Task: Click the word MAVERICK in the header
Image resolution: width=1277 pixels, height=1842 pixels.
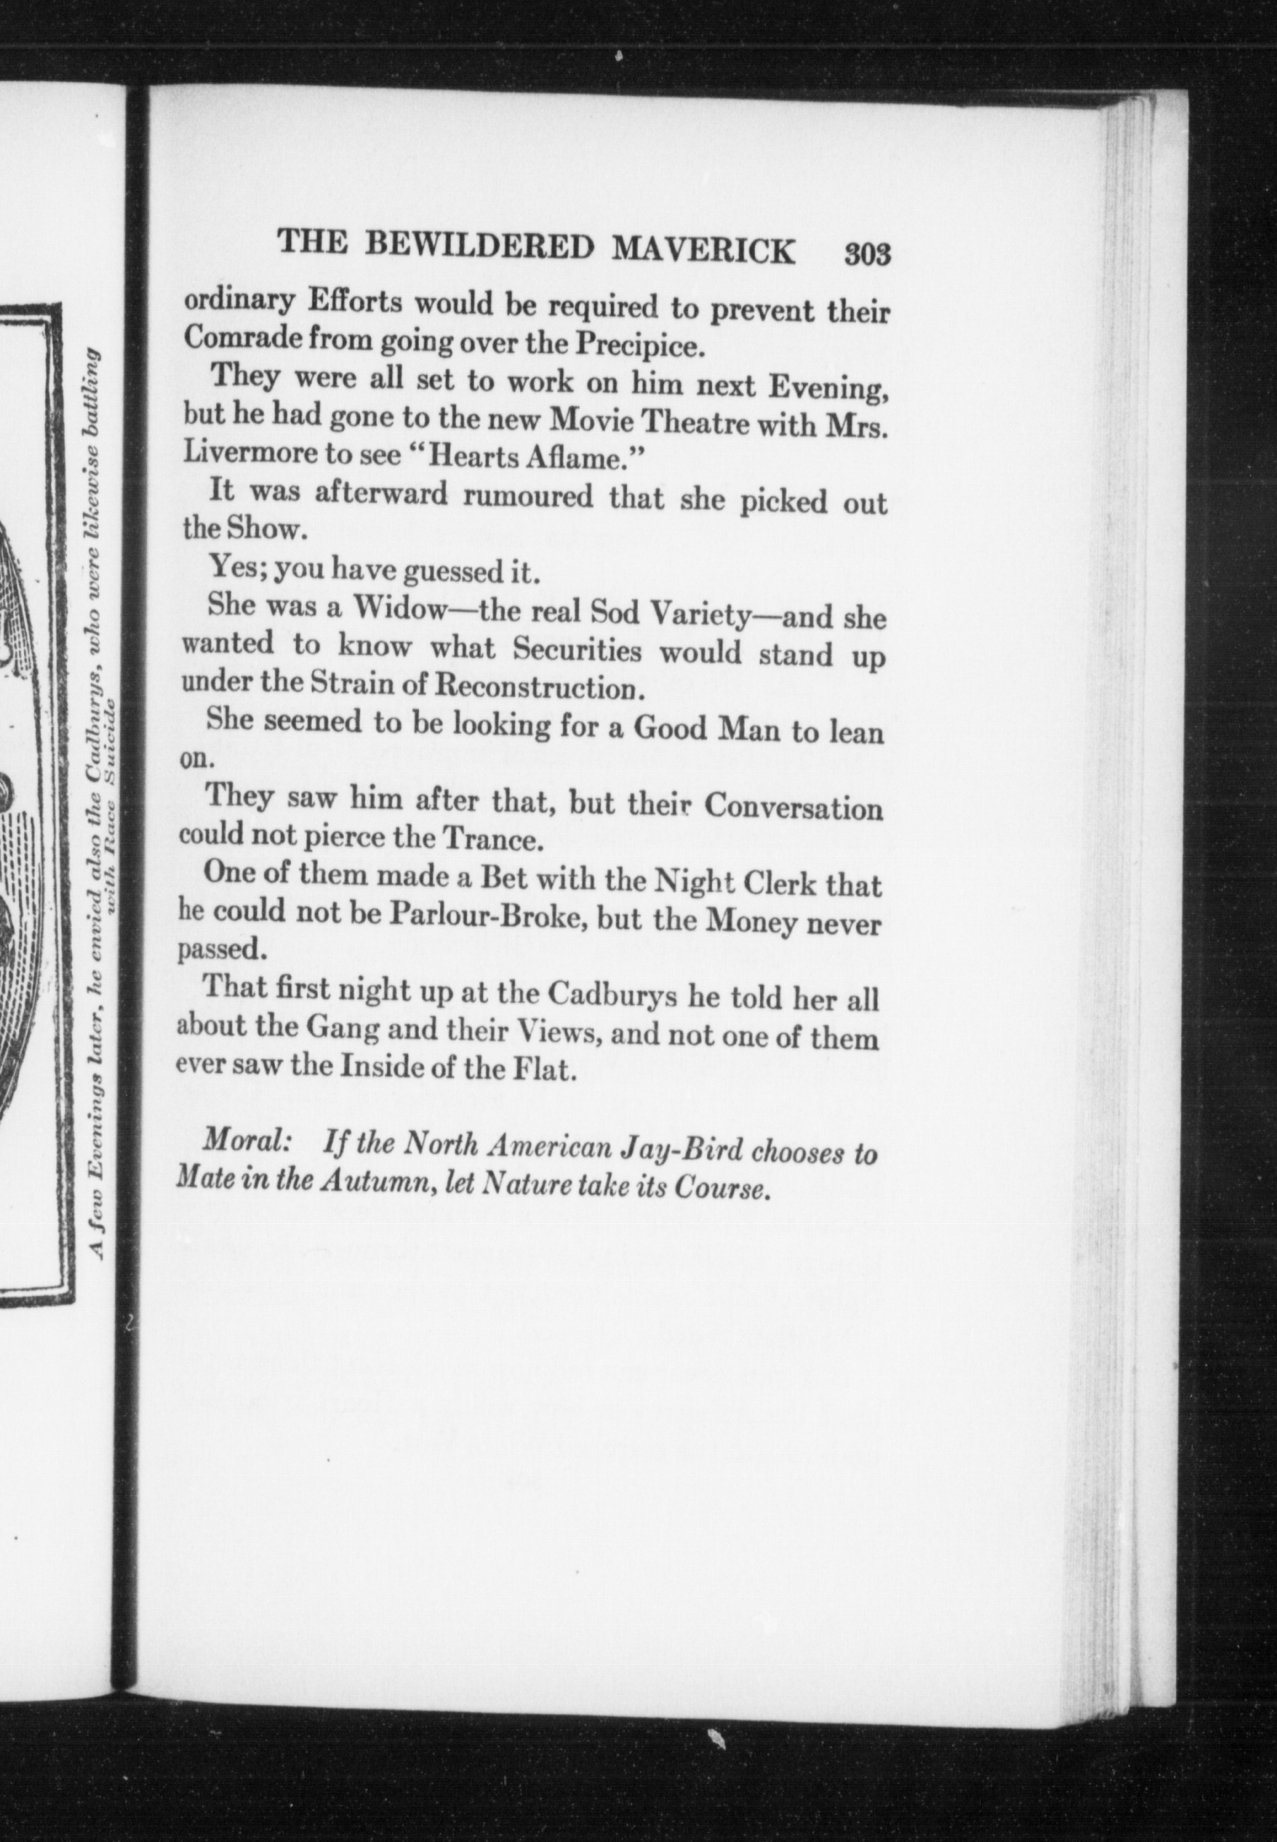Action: (x=703, y=249)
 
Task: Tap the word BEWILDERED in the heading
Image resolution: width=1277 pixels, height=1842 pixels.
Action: (x=477, y=246)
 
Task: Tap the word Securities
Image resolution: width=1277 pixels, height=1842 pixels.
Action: (x=577, y=650)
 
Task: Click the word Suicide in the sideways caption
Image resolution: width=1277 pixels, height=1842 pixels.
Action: (x=113, y=744)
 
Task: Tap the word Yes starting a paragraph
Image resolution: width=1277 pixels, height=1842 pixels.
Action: (x=231, y=567)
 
